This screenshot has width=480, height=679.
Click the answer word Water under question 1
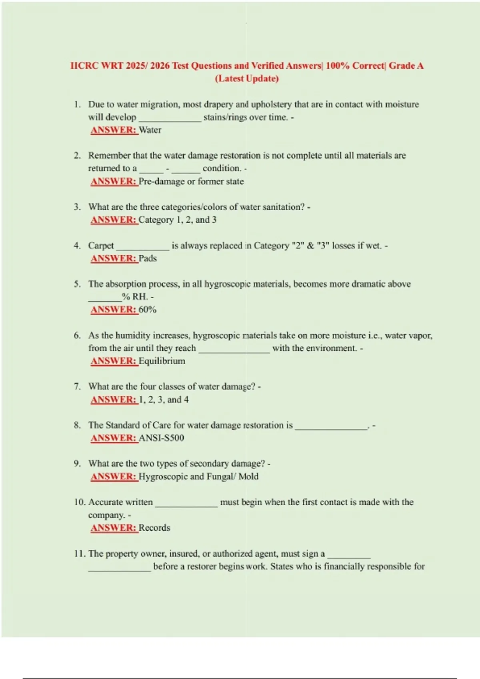pos(150,130)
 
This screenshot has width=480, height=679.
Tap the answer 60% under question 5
pos(148,310)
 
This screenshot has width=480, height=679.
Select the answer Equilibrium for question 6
pos(162,361)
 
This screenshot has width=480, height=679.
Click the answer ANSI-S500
pos(162,438)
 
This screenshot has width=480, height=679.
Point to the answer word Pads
pos(148,258)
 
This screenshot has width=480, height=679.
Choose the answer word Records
pos(154,528)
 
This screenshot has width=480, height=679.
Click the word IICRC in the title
pos(84,66)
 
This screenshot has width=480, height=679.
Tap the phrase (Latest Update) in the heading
pos(247,79)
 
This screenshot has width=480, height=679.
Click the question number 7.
pos(77,387)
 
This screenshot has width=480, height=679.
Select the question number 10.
pos(79,502)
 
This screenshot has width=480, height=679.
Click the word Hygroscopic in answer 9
pos(163,477)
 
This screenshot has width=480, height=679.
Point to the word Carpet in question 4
pos(101,246)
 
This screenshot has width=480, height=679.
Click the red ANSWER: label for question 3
pos(114,220)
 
